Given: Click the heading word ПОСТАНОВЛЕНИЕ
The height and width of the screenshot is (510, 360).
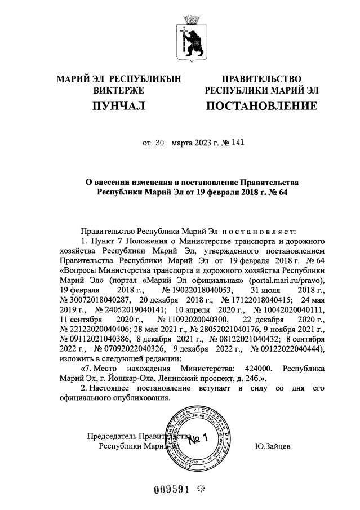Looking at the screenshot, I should [x=261, y=106].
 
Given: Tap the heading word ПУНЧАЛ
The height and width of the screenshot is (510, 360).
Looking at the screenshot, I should [x=118, y=106].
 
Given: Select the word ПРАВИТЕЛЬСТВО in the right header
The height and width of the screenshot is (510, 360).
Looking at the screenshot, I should [x=261, y=79].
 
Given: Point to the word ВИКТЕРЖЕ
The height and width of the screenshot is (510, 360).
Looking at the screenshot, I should [x=118, y=90].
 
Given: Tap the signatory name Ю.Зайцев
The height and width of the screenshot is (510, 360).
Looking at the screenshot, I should [x=273, y=446].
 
